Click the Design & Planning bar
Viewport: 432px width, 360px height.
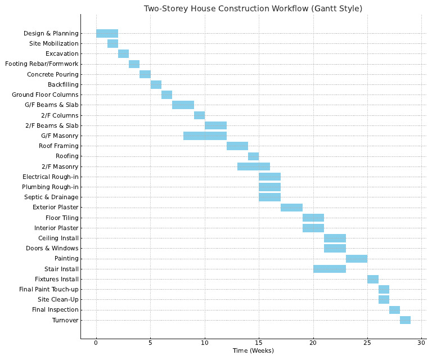pyautogui.click(x=107, y=33)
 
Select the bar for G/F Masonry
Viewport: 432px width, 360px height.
pyautogui.click(x=205, y=136)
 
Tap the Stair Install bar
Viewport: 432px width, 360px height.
pyautogui.click(x=329, y=269)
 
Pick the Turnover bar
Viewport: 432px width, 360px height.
pyautogui.click(x=405, y=320)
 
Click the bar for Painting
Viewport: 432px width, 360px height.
pyautogui.click(x=356, y=259)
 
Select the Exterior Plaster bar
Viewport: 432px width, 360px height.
pyautogui.click(x=291, y=208)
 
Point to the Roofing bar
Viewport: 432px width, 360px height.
pyautogui.click(x=253, y=156)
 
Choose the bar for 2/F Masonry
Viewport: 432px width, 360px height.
pyautogui.click(x=253, y=166)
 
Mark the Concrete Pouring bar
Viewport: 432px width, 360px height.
pyautogui.click(x=145, y=74)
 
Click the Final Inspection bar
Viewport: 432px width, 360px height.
pyautogui.click(x=394, y=310)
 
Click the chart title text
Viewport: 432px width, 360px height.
pyautogui.click(x=253, y=8)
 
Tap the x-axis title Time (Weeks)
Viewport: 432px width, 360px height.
pyautogui.click(x=253, y=351)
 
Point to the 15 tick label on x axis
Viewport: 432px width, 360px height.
pyautogui.click(x=259, y=343)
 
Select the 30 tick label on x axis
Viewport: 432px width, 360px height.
pyautogui.click(x=421, y=343)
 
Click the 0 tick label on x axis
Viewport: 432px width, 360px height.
pyautogui.click(x=96, y=343)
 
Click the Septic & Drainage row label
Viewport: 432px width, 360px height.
pyautogui.click(x=51, y=197)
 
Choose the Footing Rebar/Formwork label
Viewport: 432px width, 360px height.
pyautogui.click(x=42, y=64)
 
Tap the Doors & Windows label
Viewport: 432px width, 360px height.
pyautogui.click(x=52, y=249)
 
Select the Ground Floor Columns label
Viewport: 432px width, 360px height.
pyautogui.click(x=46, y=94)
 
